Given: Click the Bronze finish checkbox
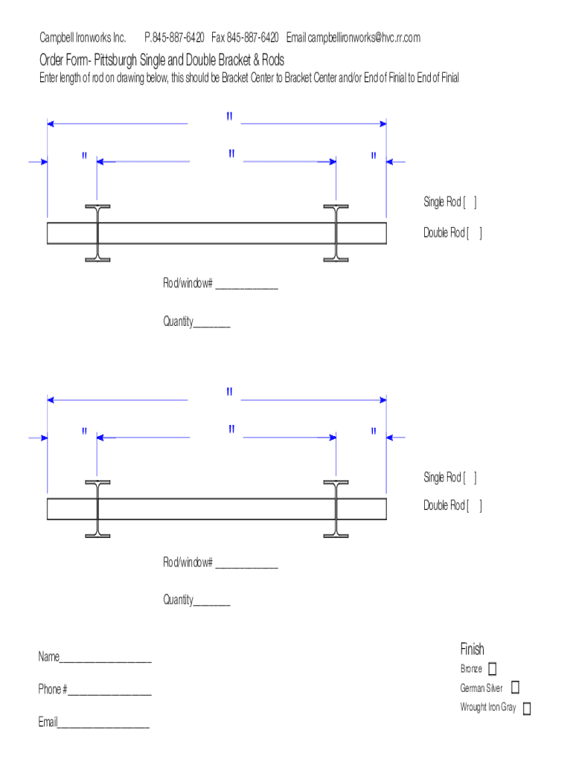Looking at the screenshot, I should [493, 669].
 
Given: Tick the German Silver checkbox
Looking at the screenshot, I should [515, 688].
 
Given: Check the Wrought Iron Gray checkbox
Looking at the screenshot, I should [527, 708].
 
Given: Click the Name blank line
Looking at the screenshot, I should [106, 659].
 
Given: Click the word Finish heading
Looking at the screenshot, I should [472, 649].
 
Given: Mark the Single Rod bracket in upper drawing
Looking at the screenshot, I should [470, 202].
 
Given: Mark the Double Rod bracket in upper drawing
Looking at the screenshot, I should [474, 234].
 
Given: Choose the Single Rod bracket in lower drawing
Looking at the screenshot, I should [470, 478].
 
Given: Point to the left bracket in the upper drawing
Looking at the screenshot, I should [97, 233].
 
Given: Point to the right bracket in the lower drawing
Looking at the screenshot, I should [336, 509].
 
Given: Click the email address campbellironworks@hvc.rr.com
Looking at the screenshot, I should [364, 38].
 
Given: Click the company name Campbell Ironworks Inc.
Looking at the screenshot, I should [83, 38].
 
